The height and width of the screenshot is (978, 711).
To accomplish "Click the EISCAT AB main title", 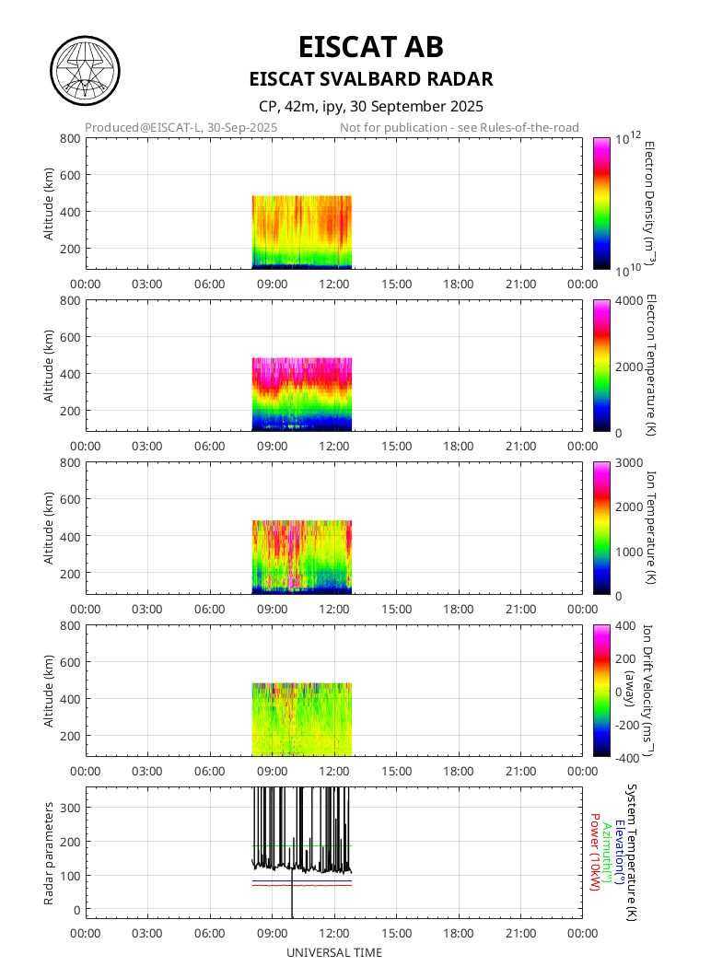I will click(x=371, y=46).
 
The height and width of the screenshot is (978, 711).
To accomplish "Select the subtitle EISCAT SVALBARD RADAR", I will click(x=371, y=79).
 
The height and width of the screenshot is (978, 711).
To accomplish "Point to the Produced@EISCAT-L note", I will click(x=181, y=127).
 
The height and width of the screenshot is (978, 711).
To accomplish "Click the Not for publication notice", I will click(x=459, y=127).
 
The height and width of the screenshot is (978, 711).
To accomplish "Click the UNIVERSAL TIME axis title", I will click(x=334, y=952).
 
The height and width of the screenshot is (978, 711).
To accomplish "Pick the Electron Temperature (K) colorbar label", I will click(x=648, y=366).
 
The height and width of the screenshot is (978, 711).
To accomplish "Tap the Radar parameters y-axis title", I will click(x=49, y=852).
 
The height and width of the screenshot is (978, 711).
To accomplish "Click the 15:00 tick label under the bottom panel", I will click(x=396, y=931).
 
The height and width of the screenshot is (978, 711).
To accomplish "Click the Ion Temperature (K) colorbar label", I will click(x=648, y=528).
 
